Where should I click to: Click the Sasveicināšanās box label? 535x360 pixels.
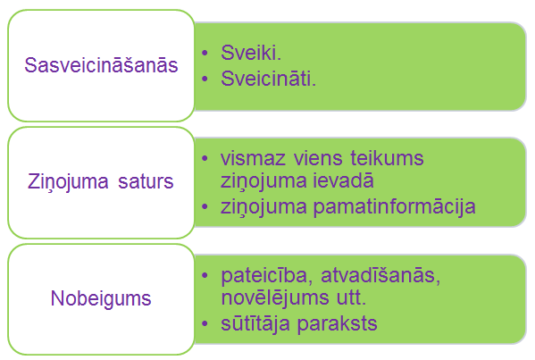pos(102,65)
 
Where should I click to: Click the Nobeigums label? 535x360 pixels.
pos(101,297)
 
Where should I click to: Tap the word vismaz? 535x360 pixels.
pos(254,158)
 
